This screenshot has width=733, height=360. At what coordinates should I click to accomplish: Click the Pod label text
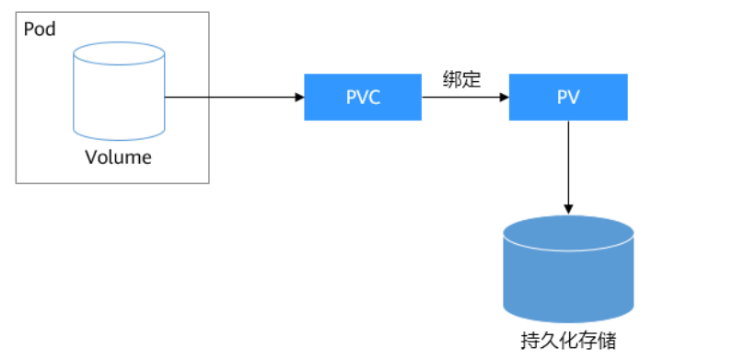(x=39, y=29)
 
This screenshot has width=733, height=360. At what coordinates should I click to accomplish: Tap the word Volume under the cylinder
(x=118, y=157)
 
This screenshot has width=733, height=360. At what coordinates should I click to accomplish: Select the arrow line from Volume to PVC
(x=230, y=97)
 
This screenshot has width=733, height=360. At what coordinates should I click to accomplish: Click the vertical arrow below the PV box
(x=568, y=161)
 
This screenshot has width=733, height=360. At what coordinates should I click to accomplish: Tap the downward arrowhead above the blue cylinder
(x=568, y=207)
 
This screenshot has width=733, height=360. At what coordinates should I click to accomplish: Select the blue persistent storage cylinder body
(x=568, y=276)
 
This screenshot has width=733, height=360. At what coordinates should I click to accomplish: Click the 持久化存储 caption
(x=568, y=340)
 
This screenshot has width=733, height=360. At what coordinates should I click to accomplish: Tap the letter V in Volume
(x=90, y=157)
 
